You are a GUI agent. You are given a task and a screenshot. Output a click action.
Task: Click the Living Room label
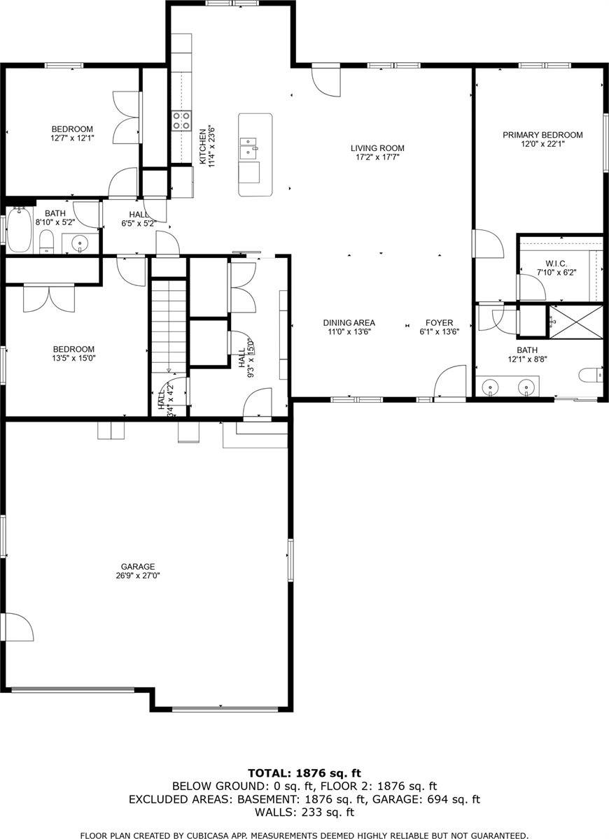(x=377, y=148)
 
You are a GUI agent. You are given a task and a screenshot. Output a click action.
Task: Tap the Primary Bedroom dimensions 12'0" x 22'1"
(x=542, y=144)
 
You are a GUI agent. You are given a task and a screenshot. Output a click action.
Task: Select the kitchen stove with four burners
(x=182, y=121)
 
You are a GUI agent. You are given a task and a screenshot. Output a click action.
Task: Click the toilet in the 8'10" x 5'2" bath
(x=47, y=242)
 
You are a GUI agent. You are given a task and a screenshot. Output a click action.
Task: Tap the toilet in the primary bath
(x=592, y=375)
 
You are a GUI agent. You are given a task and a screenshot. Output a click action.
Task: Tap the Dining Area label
(x=349, y=323)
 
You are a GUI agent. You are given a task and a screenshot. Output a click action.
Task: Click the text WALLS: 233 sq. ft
(x=304, y=812)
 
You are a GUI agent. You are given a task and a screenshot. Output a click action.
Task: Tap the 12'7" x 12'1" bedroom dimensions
(x=72, y=138)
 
